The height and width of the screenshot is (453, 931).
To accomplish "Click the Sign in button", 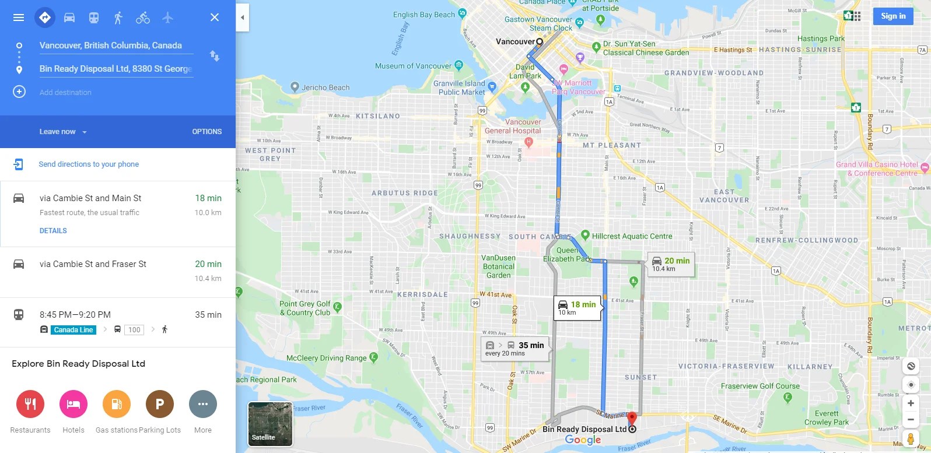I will point(892,16).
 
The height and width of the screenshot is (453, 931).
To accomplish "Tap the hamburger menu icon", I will point(19,17).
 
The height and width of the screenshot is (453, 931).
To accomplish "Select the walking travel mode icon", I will point(118,17).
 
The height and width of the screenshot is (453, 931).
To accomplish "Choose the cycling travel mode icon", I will point(143,17).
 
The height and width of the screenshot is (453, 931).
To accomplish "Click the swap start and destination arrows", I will point(215,56).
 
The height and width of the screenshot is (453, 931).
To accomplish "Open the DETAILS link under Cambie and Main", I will point(53,231).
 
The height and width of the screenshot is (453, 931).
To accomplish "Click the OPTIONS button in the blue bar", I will point(206,132).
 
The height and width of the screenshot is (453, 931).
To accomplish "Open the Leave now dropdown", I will point(63,132).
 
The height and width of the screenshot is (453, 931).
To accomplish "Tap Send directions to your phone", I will point(89,164).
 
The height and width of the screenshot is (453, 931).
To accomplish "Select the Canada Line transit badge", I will point(73,330).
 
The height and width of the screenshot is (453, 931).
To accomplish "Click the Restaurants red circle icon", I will point(30,404).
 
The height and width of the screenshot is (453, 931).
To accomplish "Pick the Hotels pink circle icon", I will point(73,404).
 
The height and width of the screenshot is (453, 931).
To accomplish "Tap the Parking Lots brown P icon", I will point(160,404).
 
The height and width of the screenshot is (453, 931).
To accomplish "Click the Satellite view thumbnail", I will point(270,424).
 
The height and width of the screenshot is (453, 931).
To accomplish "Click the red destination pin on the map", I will point(632,419).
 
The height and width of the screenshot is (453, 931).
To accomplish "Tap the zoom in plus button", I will point(911,403).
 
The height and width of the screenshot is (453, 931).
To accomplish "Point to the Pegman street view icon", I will point(911,438).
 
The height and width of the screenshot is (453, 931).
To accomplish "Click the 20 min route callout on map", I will point(671,264).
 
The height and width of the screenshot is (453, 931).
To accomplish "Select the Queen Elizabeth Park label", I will point(567,255).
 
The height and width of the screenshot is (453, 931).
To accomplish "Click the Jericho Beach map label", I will point(325,87).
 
